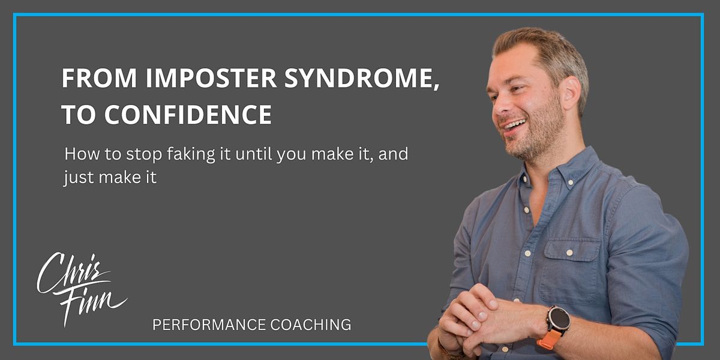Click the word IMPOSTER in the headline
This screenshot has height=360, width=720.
click(x=211, y=78)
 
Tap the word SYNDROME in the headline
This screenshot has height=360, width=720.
click(x=358, y=78)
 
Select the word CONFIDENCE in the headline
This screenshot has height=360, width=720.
click(x=188, y=115)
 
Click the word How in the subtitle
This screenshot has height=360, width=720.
click(x=82, y=154)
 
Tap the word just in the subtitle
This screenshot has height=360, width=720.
click(x=79, y=178)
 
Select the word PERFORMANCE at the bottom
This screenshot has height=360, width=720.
click(x=209, y=325)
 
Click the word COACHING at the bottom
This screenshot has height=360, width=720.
click(x=311, y=325)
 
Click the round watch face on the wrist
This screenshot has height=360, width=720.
click(x=559, y=321)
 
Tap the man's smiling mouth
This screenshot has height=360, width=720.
click(x=514, y=125)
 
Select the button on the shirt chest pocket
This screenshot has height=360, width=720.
click(x=569, y=253)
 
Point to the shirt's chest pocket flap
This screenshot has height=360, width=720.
click(x=573, y=250)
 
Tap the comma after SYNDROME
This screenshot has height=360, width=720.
click(x=437, y=86)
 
